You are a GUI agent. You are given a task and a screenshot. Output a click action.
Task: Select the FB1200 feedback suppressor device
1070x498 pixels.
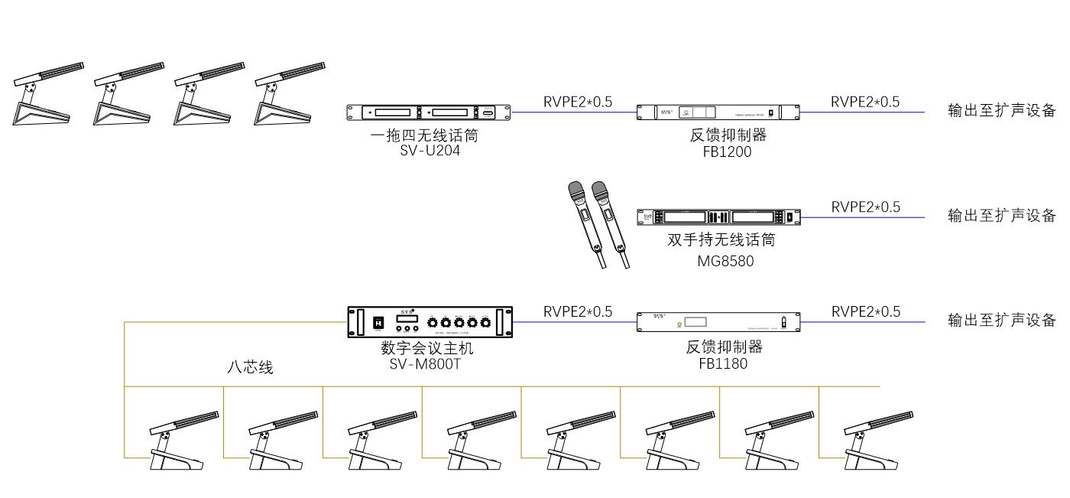pyautogui.click(x=718, y=112)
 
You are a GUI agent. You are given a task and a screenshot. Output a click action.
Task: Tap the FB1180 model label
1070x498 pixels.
pyautogui.click(x=723, y=363)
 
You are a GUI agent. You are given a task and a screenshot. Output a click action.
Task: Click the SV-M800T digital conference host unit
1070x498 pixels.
pyautogui.click(x=430, y=322)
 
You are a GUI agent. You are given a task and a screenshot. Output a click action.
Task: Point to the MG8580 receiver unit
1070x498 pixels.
pyautogui.click(x=718, y=217)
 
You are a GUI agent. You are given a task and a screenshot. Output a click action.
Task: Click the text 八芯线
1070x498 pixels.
pyautogui.click(x=250, y=368)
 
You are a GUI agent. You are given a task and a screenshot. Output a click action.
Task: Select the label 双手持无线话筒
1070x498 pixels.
pyautogui.click(x=721, y=240)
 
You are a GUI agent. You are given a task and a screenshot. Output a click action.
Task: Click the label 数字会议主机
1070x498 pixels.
pyautogui.click(x=427, y=348)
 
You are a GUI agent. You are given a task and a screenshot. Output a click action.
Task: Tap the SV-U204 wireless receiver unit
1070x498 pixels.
pyautogui.click(x=430, y=112)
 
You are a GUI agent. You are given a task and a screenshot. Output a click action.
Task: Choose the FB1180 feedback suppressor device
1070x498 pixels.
pyautogui.click(x=718, y=322)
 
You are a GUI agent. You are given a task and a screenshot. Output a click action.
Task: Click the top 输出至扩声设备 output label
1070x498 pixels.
pyautogui.click(x=1001, y=111)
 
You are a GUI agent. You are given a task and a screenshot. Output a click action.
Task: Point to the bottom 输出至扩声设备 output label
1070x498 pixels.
pyautogui.click(x=1001, y=321)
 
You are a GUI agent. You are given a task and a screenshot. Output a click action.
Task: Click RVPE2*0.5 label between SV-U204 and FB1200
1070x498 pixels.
pyautogui.click(x=577, y=102)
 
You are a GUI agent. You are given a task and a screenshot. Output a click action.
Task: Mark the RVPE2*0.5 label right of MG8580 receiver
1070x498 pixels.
pyautogui.click(x=865, y=207)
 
